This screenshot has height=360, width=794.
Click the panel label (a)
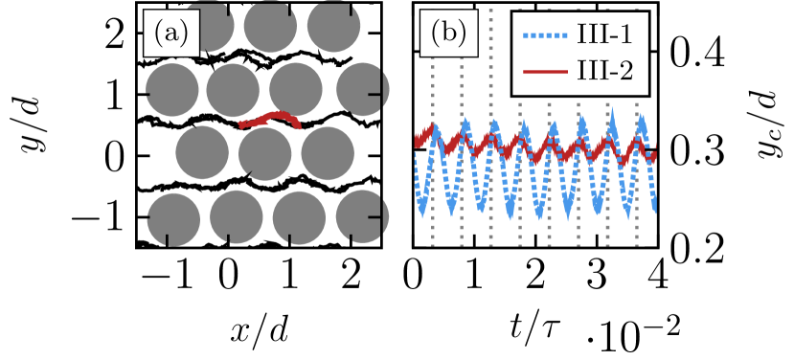[172, 34]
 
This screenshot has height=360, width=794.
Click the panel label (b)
[448, 34]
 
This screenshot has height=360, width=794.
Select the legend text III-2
[604, 71]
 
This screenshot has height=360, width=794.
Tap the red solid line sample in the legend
[547, 72]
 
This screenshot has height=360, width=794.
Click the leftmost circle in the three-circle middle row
[202, 153]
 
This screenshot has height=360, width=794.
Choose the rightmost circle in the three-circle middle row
[328, 153]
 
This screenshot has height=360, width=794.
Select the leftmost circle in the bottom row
[173, 218]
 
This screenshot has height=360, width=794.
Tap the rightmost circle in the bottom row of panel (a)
[362, 216]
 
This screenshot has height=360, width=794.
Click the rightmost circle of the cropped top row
[332, 26]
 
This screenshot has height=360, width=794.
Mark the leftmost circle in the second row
[172, 91]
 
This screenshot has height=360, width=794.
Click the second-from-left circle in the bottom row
[237, 217]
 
